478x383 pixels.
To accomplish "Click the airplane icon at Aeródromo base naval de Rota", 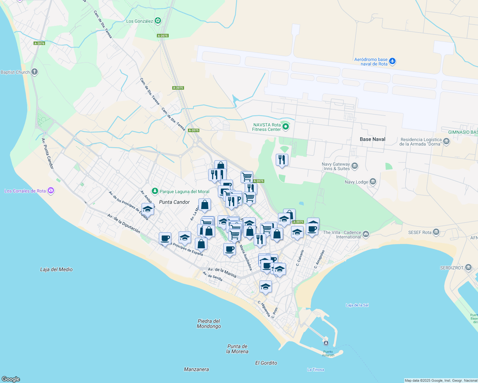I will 392,61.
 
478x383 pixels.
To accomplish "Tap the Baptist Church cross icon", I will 35,72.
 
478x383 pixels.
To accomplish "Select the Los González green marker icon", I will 158,21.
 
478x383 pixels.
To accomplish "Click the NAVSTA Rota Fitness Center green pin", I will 286,127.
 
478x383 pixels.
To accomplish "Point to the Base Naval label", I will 372,139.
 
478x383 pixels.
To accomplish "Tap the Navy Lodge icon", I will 373,182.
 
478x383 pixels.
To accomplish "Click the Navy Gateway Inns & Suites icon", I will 355,166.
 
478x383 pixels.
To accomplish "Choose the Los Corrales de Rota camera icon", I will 51,191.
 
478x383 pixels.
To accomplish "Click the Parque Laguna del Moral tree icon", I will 155,191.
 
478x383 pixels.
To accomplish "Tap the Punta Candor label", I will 174,202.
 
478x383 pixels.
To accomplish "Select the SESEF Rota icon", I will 436,232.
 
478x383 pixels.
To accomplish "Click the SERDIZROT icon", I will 468,267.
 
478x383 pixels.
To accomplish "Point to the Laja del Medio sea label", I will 56,269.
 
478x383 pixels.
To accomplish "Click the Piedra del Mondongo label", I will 209,323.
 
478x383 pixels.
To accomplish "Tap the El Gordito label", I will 266,363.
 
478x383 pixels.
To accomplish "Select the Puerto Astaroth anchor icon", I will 326,343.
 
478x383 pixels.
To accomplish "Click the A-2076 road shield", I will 39,43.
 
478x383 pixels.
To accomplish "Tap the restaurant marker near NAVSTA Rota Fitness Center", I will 282,160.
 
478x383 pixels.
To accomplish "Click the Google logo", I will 11,379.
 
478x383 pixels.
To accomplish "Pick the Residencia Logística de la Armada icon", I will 446,141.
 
